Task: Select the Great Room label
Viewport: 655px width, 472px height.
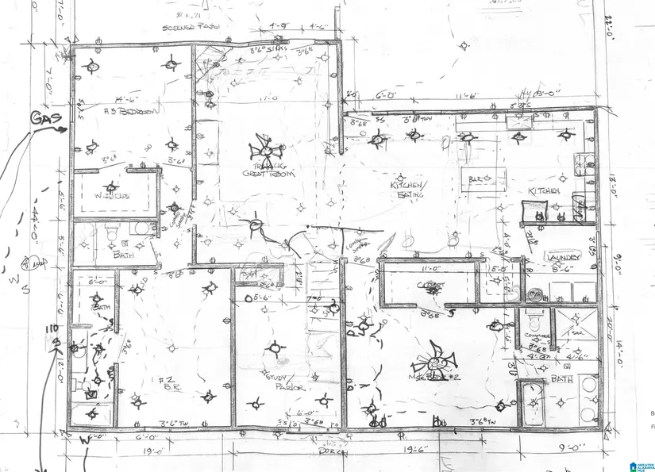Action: point(264,171)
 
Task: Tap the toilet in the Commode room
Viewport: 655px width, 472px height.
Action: point(535,320)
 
